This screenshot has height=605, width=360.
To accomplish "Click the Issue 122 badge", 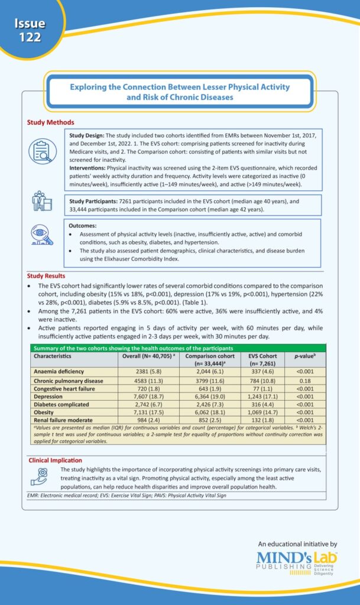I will pos(29,30).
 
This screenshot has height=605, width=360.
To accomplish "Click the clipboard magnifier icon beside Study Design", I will pos(42,151).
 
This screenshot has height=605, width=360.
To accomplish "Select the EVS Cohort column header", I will pos(259,360).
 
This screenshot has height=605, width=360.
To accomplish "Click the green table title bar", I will pos(178,348).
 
